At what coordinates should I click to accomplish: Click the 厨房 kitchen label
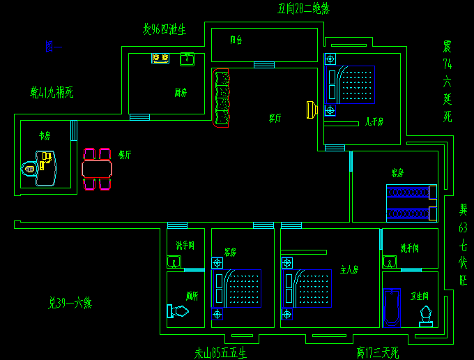coord(181,92)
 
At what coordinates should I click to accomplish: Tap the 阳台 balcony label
coord(236,40)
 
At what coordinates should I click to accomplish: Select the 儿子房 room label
coord(374,121)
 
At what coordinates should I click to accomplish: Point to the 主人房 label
coord(349,269)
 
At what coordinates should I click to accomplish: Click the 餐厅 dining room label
coord(125,155)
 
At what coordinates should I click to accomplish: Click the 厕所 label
coord(192,295)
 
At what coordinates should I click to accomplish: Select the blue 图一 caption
coord(53,47)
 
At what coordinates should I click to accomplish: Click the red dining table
coord(97,169)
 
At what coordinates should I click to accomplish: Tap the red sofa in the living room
coord(221,98)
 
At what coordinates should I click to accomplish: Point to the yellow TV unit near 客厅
coord(311,110)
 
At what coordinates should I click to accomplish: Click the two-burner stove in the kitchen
coord(161,58)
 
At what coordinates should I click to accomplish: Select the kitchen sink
coord(187,59)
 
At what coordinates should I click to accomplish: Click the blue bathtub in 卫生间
coord(392,307)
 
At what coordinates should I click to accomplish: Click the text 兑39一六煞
coord(70,303)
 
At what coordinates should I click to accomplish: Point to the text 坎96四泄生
coord(165,29)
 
